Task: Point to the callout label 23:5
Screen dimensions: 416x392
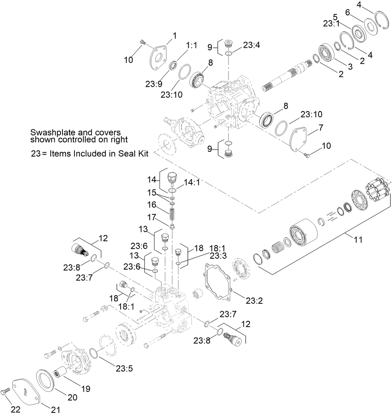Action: [x=124, y=368]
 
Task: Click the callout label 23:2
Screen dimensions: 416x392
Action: [x=254, y=300]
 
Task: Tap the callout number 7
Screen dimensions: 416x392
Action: [x=321, y=127]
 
